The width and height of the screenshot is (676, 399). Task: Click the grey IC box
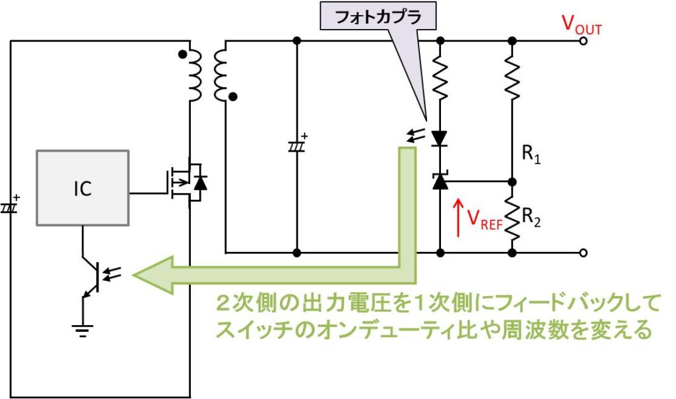click(x=83, y=188)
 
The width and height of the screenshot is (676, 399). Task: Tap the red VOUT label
click(x=582, y=24)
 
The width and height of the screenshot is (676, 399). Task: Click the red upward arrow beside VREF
click(x=458, y=217)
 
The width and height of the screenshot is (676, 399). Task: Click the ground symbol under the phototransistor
click(x=83, y=330)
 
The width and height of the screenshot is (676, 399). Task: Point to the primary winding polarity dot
click(x=183, y=55)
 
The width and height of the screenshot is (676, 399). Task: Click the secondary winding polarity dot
click(x=233, y=97)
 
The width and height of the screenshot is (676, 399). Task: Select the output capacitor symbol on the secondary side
click(x=297, y=145)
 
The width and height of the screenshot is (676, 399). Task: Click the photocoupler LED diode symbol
click(x=440, y=138)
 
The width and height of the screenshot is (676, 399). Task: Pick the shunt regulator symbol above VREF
click(x=440, y=181)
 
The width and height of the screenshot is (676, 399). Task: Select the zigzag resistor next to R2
click(x=512, y=218)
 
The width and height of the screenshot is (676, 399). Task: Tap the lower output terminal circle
click(x=584, y=253)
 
